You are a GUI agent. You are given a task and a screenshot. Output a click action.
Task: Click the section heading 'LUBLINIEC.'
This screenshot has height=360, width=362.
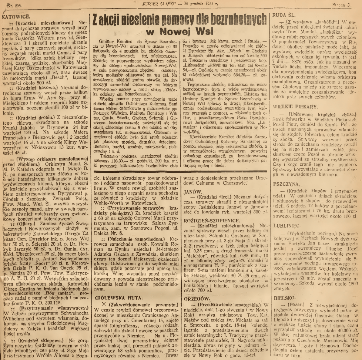[x=286, y=234]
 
